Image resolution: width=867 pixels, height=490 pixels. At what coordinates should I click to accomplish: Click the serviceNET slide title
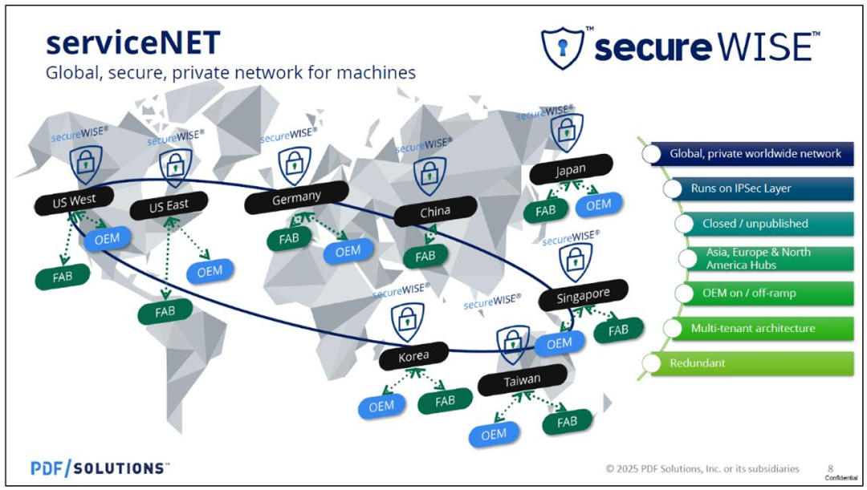click(132, 42)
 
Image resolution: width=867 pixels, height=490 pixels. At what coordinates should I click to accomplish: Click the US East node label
click(169, 205)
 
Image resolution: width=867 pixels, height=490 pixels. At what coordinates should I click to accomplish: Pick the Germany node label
click(296, 196)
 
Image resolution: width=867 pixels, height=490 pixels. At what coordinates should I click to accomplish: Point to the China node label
click(435, 213)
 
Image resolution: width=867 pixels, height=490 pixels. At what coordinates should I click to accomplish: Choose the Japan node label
click(571, 169)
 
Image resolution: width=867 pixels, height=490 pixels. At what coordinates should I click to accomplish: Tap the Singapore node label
click(584, 295)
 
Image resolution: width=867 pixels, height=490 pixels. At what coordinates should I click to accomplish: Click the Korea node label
click(414, 355)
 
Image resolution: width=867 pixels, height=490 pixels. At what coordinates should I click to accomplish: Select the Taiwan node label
click(523, 379)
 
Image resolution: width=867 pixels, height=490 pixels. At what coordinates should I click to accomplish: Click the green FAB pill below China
click(425, 256)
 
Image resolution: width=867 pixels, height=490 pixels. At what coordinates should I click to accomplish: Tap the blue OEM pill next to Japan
click(598, 205)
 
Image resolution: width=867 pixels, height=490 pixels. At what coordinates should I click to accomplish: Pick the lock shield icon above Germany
click(295, 165)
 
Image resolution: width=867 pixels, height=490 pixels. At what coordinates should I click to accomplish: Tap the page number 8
click(831, 468)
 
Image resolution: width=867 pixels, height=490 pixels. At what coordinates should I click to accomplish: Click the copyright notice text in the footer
click(702, 468)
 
